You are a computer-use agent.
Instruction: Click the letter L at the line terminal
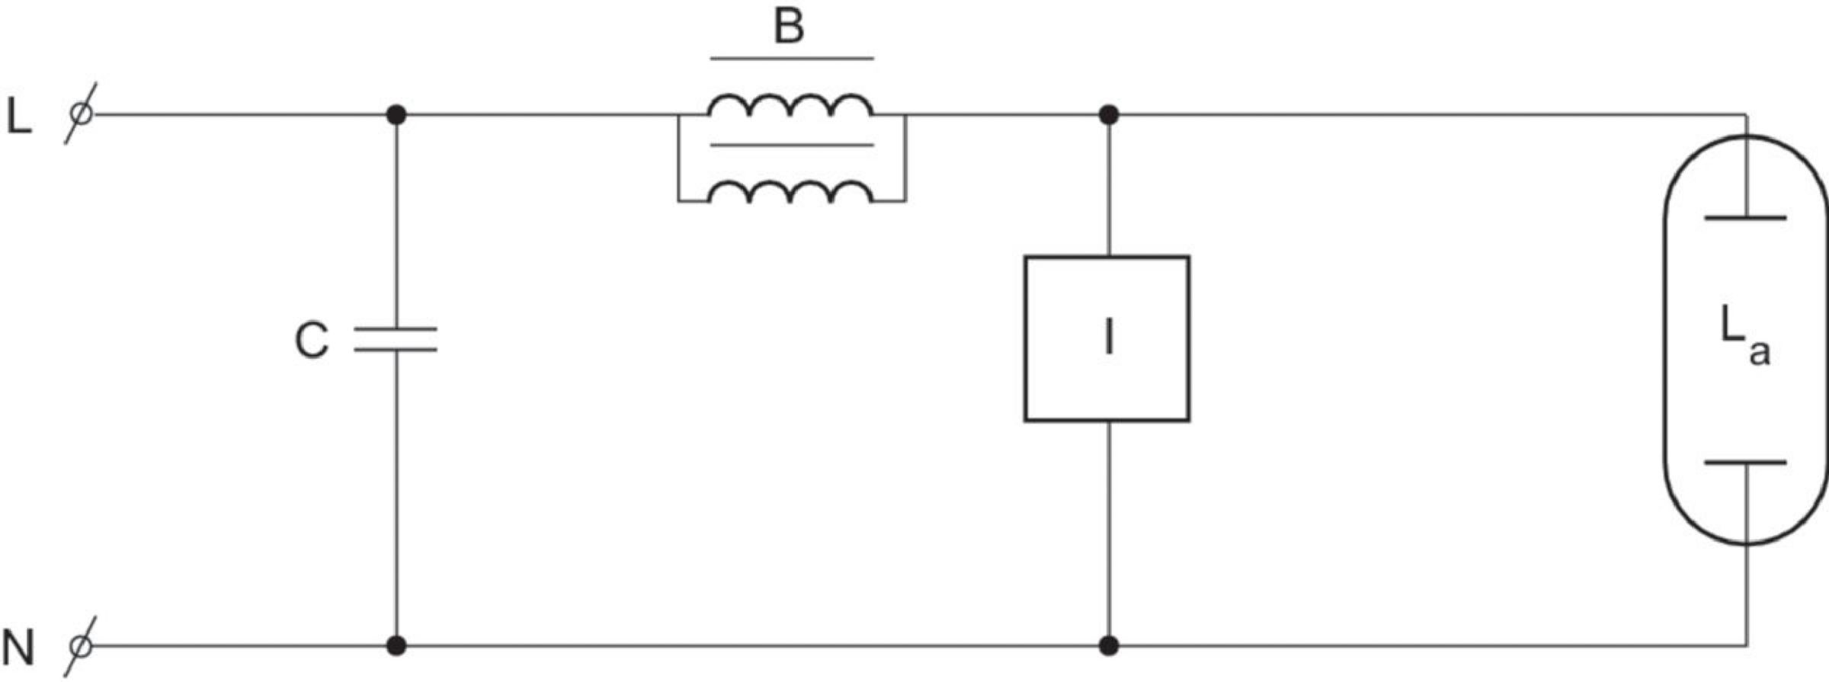19,117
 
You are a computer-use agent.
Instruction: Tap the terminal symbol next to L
80,114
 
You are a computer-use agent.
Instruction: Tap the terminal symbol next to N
80,646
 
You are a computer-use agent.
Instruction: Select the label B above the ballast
789,26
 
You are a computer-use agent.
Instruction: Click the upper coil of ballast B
791,105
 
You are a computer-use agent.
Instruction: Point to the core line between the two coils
792,145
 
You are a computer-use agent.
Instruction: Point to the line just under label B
792,58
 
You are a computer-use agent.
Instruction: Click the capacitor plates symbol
396,340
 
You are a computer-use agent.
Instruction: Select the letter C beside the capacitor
312,340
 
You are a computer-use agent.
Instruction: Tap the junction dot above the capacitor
396,115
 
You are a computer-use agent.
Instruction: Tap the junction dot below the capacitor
396,646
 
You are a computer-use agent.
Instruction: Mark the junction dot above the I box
1109,115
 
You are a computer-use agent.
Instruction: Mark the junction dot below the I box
1109,646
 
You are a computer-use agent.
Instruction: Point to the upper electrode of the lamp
1745,219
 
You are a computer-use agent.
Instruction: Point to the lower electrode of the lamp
1745,463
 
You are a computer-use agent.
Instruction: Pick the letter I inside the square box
1109,338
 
